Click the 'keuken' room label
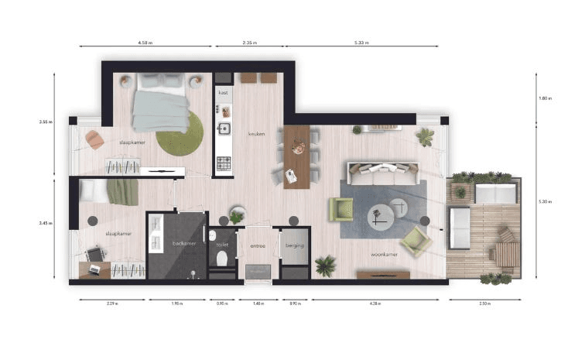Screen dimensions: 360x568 tap(256, 134)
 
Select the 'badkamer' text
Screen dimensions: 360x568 tap(183, 243)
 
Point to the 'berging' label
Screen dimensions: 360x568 tap(294, 245)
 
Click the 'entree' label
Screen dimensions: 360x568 tap(258, 246)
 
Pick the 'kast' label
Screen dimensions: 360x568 tap(223, 93)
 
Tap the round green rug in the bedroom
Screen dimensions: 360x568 tap(179, 131)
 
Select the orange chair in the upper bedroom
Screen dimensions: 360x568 tap(94, 139)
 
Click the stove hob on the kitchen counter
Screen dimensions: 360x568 tap(224, 163)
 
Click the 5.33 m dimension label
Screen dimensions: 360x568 tap(359, 43)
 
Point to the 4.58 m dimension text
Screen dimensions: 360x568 tap(145, 43)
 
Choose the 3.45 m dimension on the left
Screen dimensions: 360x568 tap(45, 223)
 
